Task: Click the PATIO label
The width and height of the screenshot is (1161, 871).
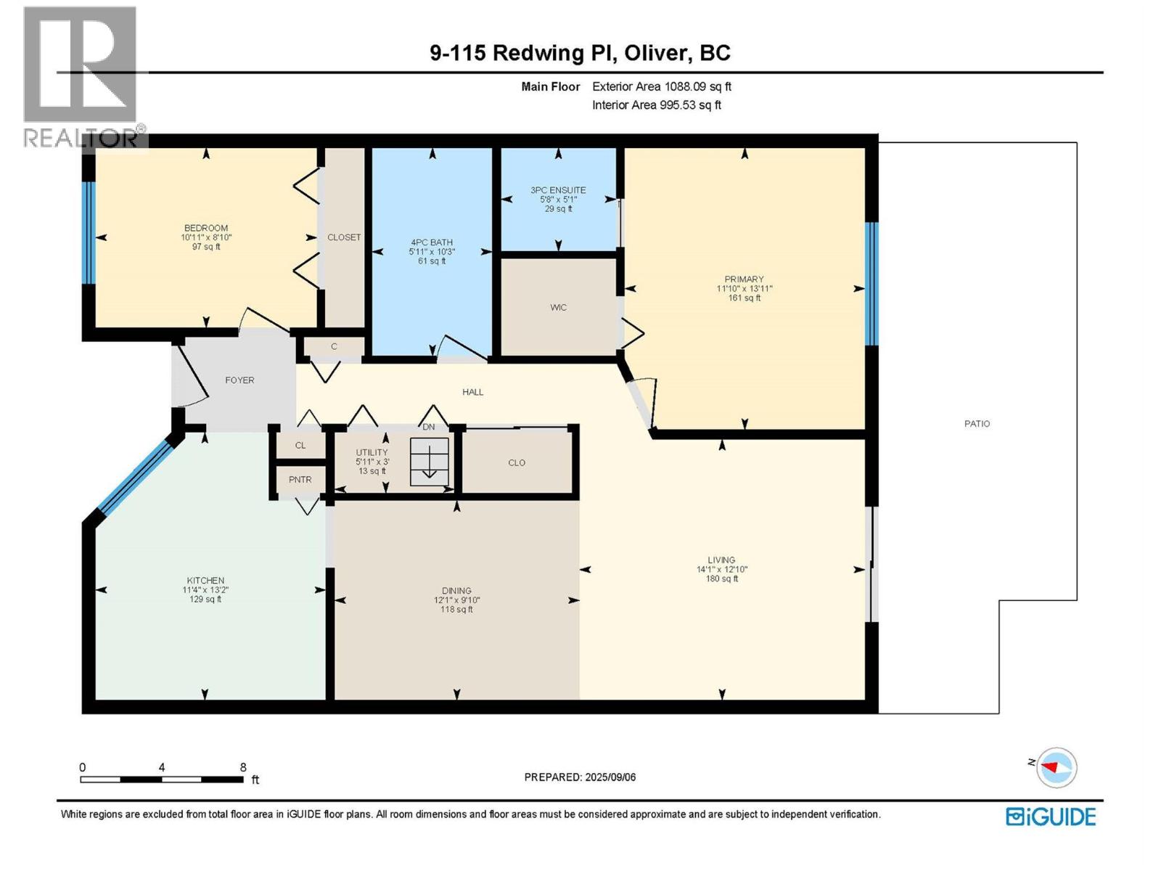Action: pos(977,424)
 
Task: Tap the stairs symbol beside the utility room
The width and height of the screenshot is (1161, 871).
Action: pos(430,462)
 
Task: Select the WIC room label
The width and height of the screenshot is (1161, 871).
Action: pos(558,307)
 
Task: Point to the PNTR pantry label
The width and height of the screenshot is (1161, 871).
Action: pos(300,480)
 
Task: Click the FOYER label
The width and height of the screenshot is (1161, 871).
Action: pos(239,380)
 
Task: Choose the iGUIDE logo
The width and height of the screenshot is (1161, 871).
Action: pos(1051,817)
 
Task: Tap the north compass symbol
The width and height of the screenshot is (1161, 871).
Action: pos(1056,767)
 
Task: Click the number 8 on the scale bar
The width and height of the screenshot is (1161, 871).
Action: pos(243,767)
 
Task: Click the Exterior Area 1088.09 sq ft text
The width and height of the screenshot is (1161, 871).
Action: pos(662,86)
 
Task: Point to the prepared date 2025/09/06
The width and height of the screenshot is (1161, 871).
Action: pos(610,777)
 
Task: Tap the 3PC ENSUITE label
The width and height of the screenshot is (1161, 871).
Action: pos(558,190)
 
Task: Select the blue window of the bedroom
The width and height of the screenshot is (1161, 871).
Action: pos(89,233)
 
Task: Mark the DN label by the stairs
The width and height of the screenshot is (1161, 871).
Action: pos(428,427)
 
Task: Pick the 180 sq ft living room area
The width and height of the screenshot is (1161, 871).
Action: pos(721,578)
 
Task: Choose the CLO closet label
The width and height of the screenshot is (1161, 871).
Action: pos(516,463)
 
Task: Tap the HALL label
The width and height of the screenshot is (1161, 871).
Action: pos(472,392)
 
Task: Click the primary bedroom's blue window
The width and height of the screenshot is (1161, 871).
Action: pos(871,284)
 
